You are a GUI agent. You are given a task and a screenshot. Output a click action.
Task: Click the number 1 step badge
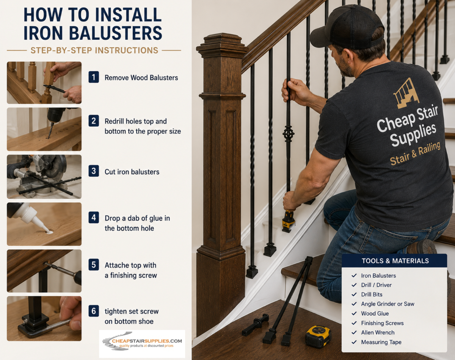(x=94, y=77)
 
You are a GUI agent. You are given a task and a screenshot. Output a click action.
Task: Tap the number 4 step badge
(x=94, y=218)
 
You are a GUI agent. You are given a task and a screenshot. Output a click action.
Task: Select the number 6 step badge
(x=94, y=311)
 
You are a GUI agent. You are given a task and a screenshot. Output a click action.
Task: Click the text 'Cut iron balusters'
(x=132, y=172)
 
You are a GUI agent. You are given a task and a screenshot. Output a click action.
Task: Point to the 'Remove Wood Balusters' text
(x=141, y=78)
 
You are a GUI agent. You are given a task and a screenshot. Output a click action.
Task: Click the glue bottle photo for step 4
(x=44, y=224)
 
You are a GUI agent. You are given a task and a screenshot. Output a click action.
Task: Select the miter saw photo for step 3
(x=44, y=177)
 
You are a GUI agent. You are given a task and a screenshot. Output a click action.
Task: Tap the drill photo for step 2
(x=44, y=129)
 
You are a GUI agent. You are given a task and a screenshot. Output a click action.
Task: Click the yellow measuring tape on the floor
(x=318, y=337)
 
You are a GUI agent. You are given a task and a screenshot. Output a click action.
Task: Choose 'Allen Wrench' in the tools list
(x=378, y=332)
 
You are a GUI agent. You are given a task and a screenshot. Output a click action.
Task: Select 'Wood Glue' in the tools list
(x=375, y=313)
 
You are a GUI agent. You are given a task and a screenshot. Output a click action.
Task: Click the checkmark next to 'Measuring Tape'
(x=354, y=342)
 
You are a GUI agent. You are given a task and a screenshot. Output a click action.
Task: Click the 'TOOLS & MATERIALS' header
(x=395, y=261)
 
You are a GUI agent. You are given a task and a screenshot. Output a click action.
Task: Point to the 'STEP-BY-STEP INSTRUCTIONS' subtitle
(x=94, y=51)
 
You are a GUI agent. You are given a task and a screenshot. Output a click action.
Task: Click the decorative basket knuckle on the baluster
(x=289, y=134)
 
